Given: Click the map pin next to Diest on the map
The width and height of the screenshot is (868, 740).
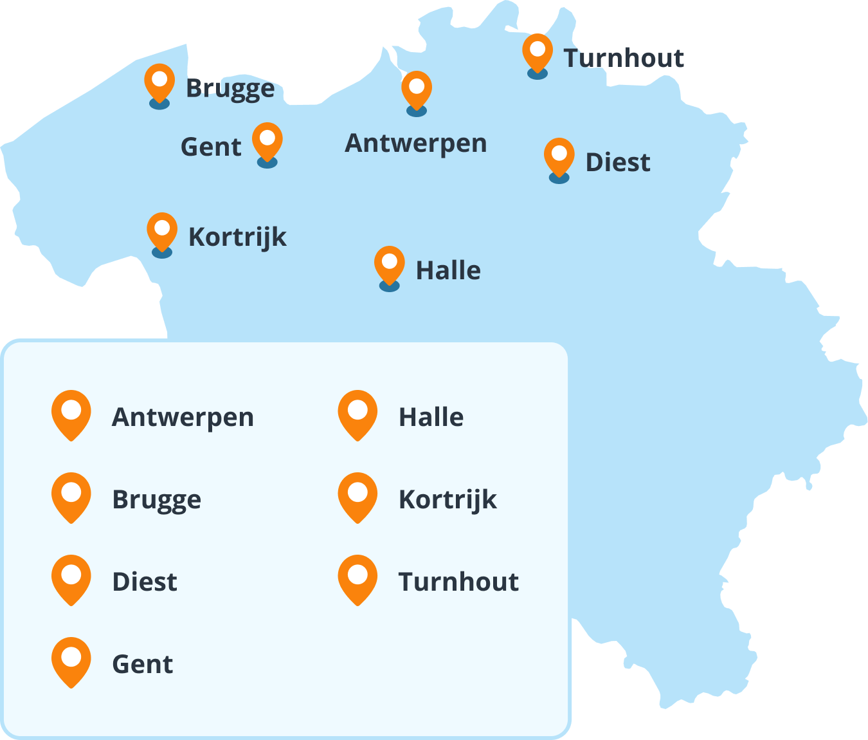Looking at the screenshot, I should pyautogui.click(x=559, y=156).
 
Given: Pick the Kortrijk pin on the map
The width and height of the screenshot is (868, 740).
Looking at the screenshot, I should pyautogui.click(x=162, y=231).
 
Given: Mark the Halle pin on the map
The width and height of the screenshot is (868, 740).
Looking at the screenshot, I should pyautogui.click(x=390, y=264).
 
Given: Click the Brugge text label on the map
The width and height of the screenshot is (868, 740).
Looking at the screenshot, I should pyautogui.click(x=230, y=89).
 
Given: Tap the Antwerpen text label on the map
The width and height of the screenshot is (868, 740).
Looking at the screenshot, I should pyautogui.click(x=415, y=143).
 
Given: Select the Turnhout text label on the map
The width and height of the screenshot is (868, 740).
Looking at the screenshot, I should pyautogui.click(x=624, y=58).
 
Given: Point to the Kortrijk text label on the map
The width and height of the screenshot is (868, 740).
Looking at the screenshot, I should pyautogui.click(x=237, y=237).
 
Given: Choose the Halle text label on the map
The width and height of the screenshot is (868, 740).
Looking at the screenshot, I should pyautogui.click(x=448, y=270).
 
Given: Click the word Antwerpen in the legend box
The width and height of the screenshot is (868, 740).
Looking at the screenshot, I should pyautogui.click(x=183, y=417).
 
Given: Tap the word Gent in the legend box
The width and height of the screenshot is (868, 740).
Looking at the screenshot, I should pyautogui.click(x=142, y=664).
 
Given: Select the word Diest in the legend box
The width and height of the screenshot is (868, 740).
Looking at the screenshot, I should pyautogui.click(x=144, y=582).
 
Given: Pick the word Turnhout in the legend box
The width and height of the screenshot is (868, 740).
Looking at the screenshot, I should pyautogui.click(x=458, y=582).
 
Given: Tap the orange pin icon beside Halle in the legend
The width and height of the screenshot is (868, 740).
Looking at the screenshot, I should pyautogui.click(x=357, y=414).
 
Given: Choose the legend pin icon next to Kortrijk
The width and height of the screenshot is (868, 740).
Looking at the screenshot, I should pyautogui.click(x=357, y=497).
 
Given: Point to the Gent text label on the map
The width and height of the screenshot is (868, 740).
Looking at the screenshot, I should pyautogui.click(x=211, y=147).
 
